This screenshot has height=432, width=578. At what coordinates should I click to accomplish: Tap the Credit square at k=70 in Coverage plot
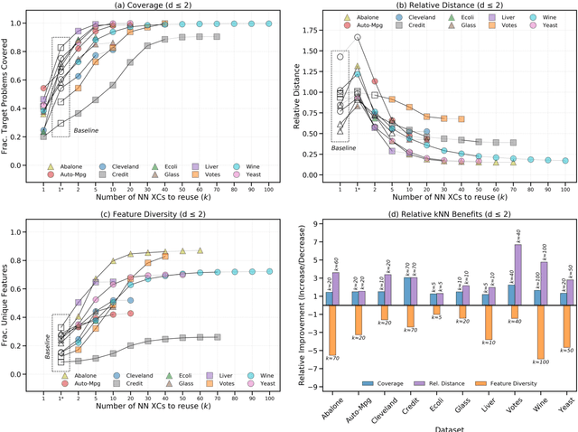pos(217,36)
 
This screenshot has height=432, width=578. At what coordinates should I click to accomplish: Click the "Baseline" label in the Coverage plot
pos(85,131)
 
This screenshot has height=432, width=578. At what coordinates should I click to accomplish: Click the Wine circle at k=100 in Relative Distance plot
pos(564,161)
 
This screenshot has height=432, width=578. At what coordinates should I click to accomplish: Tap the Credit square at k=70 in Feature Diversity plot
pos(217,337)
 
